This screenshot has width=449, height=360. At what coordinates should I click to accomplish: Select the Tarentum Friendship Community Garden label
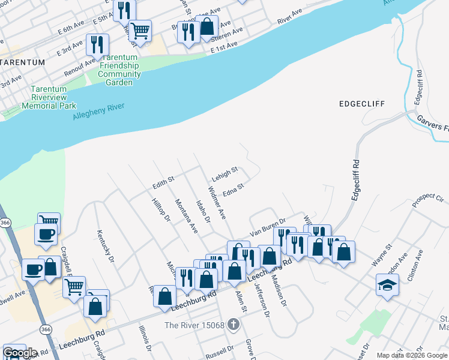[x=119, y=65]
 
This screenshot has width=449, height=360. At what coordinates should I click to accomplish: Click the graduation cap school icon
[x=387, y=284]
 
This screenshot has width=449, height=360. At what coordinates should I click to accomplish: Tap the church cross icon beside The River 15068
[x=234, y=325]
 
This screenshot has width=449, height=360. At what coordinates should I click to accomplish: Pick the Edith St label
[x=163, y=179]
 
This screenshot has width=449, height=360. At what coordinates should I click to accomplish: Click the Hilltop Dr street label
[x=161, y=210]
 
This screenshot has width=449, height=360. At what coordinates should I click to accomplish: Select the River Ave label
[x=291, y=16]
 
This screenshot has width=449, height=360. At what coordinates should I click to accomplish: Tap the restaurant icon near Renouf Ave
[x=97, y=44]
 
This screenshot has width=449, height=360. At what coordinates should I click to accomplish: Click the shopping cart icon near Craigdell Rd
[x=74, y=287]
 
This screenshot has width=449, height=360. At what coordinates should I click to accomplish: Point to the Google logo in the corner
[x=20, y=353]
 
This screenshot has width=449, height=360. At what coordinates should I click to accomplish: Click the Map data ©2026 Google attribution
[x=412, y=355]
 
